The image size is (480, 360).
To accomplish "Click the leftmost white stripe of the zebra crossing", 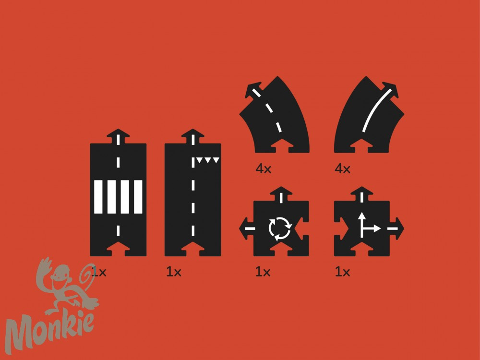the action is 98,197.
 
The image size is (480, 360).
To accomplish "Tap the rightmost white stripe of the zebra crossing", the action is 138,197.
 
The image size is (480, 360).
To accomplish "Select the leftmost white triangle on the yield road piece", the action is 200,160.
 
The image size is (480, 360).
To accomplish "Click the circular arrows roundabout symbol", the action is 280,228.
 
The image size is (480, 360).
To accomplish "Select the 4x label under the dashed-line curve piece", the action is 263,168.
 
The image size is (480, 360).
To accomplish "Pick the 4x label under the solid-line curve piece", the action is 342,168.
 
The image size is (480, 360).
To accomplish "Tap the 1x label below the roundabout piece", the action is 263,272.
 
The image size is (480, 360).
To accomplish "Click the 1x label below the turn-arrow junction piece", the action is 342,272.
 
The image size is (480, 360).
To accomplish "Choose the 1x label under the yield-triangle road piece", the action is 174,272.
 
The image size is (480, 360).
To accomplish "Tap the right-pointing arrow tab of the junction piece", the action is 397,228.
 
